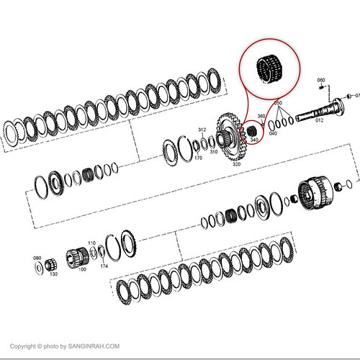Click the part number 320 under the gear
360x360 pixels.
[x=235, y=165]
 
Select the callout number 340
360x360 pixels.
[x=253, y=140]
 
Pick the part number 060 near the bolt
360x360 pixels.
[x=321, y=80]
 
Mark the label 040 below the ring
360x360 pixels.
[x=273, y=133]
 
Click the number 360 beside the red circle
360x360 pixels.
[x=261, y=116]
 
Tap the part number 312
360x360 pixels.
[x=202, y=130]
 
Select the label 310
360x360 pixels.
[x=214, y=152]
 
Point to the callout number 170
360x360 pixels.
[x=198, y=158]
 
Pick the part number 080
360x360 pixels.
[x=37, y=256]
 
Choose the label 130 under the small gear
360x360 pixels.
[x=53, y=274]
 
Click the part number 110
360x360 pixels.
[x=91, y=243]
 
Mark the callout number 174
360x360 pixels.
[x=104, y=266]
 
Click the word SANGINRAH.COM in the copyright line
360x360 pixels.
[x=94, y=346]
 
